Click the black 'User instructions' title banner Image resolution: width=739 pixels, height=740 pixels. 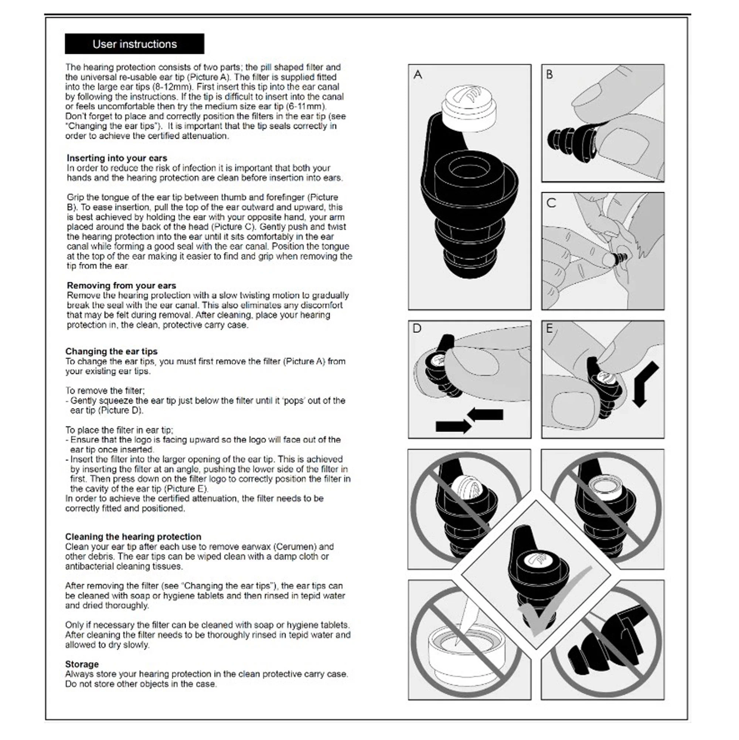(134, 44)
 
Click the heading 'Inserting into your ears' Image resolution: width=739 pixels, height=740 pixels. (117, 158)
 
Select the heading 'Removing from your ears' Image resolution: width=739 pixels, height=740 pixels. (121, 285)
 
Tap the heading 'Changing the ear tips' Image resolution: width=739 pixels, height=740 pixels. (111, 351)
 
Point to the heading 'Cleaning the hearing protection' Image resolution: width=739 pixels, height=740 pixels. (133, 537)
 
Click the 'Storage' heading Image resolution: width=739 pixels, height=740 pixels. (82, 664)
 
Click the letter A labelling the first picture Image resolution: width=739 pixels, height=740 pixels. (418, 74)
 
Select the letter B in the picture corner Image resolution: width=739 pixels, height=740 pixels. (549, 74)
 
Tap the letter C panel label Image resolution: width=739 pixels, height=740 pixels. (551, 203)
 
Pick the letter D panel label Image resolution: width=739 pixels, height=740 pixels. (416, 328)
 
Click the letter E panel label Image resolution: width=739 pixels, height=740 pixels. (549, 329)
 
